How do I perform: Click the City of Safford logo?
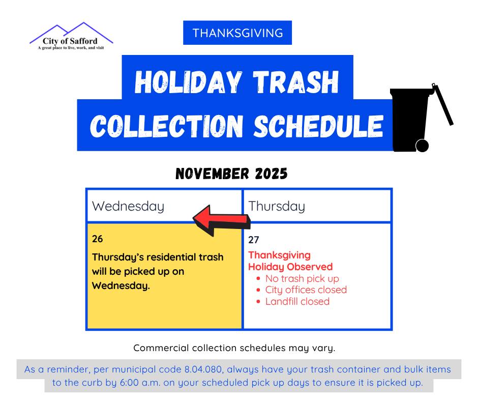[x=71, y=36]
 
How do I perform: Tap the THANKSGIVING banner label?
[x=237, y=33]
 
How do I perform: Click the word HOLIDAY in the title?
[x=188, y=82]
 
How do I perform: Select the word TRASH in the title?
[x=296, y=82]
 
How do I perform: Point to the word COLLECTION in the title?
[x=166, y=126]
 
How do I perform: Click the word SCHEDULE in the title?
[x=318, y=126]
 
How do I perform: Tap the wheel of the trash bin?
[x=422, y=146]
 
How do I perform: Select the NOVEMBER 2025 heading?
[x=231, y=174]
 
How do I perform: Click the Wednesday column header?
[x=128, y=206]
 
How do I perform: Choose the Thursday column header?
[x=277, y=206]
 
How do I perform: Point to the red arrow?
[x=222, y=220]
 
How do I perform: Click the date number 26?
[x=98, y=239]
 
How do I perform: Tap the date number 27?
[x=254, y=240]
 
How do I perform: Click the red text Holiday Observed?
[x=290, y=267]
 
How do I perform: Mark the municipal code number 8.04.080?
[x=203, y=369]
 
